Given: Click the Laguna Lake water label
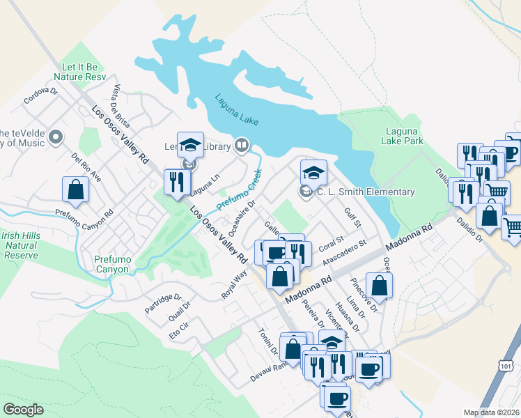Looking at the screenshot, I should (x=237, y=110).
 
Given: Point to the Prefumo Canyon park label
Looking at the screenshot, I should (x=112, y=264).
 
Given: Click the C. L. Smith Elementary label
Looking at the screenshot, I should (x=366, y=192).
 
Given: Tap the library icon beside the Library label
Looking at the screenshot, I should (x=242, y=146).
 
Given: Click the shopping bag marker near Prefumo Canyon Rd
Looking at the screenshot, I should (x=75, y=189).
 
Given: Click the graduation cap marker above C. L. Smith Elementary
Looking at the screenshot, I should (x=313, y=171).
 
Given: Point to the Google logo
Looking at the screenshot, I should (x=23, y=409).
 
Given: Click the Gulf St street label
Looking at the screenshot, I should (x=352, y=217).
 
